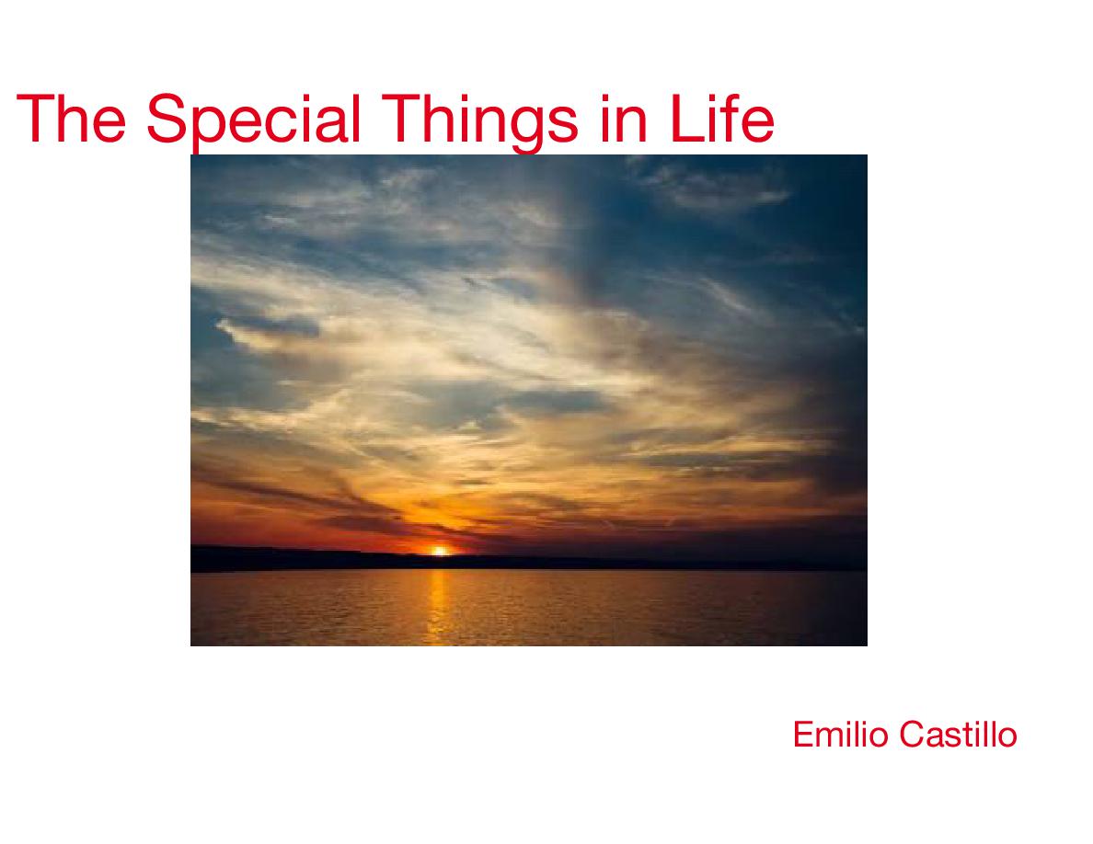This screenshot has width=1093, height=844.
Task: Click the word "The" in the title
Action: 71,119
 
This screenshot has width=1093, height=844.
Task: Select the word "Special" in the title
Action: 254,123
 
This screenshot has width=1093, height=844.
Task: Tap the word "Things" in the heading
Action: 480,123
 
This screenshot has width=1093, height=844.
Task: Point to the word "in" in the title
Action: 624,119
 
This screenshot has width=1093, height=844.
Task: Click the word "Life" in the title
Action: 722,119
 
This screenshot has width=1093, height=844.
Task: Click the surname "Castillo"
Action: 959,735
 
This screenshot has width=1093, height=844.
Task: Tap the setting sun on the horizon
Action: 439,551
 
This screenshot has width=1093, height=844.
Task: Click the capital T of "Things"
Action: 402,119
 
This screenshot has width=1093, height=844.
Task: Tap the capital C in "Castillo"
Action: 913,735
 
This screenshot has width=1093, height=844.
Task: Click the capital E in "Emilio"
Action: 804,735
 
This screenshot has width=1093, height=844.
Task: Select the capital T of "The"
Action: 37,119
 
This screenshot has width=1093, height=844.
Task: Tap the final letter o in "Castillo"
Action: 1007,739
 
